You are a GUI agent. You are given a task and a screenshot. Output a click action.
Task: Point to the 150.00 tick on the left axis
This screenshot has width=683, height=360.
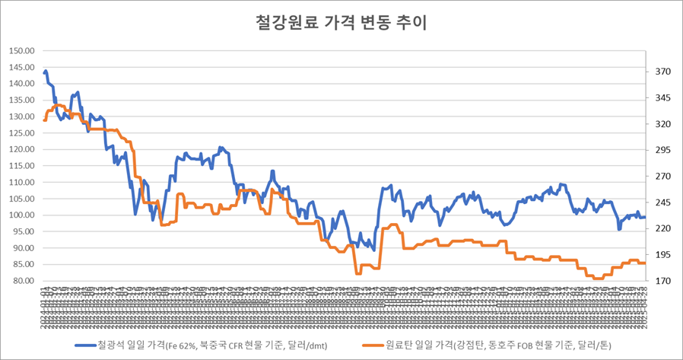[22, 51]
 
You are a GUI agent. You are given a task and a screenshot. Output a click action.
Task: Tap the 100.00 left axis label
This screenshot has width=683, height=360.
[22, 215]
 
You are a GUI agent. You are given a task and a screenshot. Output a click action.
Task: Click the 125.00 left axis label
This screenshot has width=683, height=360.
[22, 133]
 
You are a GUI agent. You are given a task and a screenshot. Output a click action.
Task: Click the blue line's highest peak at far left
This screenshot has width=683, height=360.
[46, 72]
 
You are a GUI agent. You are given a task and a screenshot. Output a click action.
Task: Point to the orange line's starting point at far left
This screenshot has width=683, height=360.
[45, 119]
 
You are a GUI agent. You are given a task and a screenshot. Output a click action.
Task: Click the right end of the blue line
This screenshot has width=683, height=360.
[645, 217]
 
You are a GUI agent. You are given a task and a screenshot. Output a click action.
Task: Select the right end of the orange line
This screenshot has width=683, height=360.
[645, 263]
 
